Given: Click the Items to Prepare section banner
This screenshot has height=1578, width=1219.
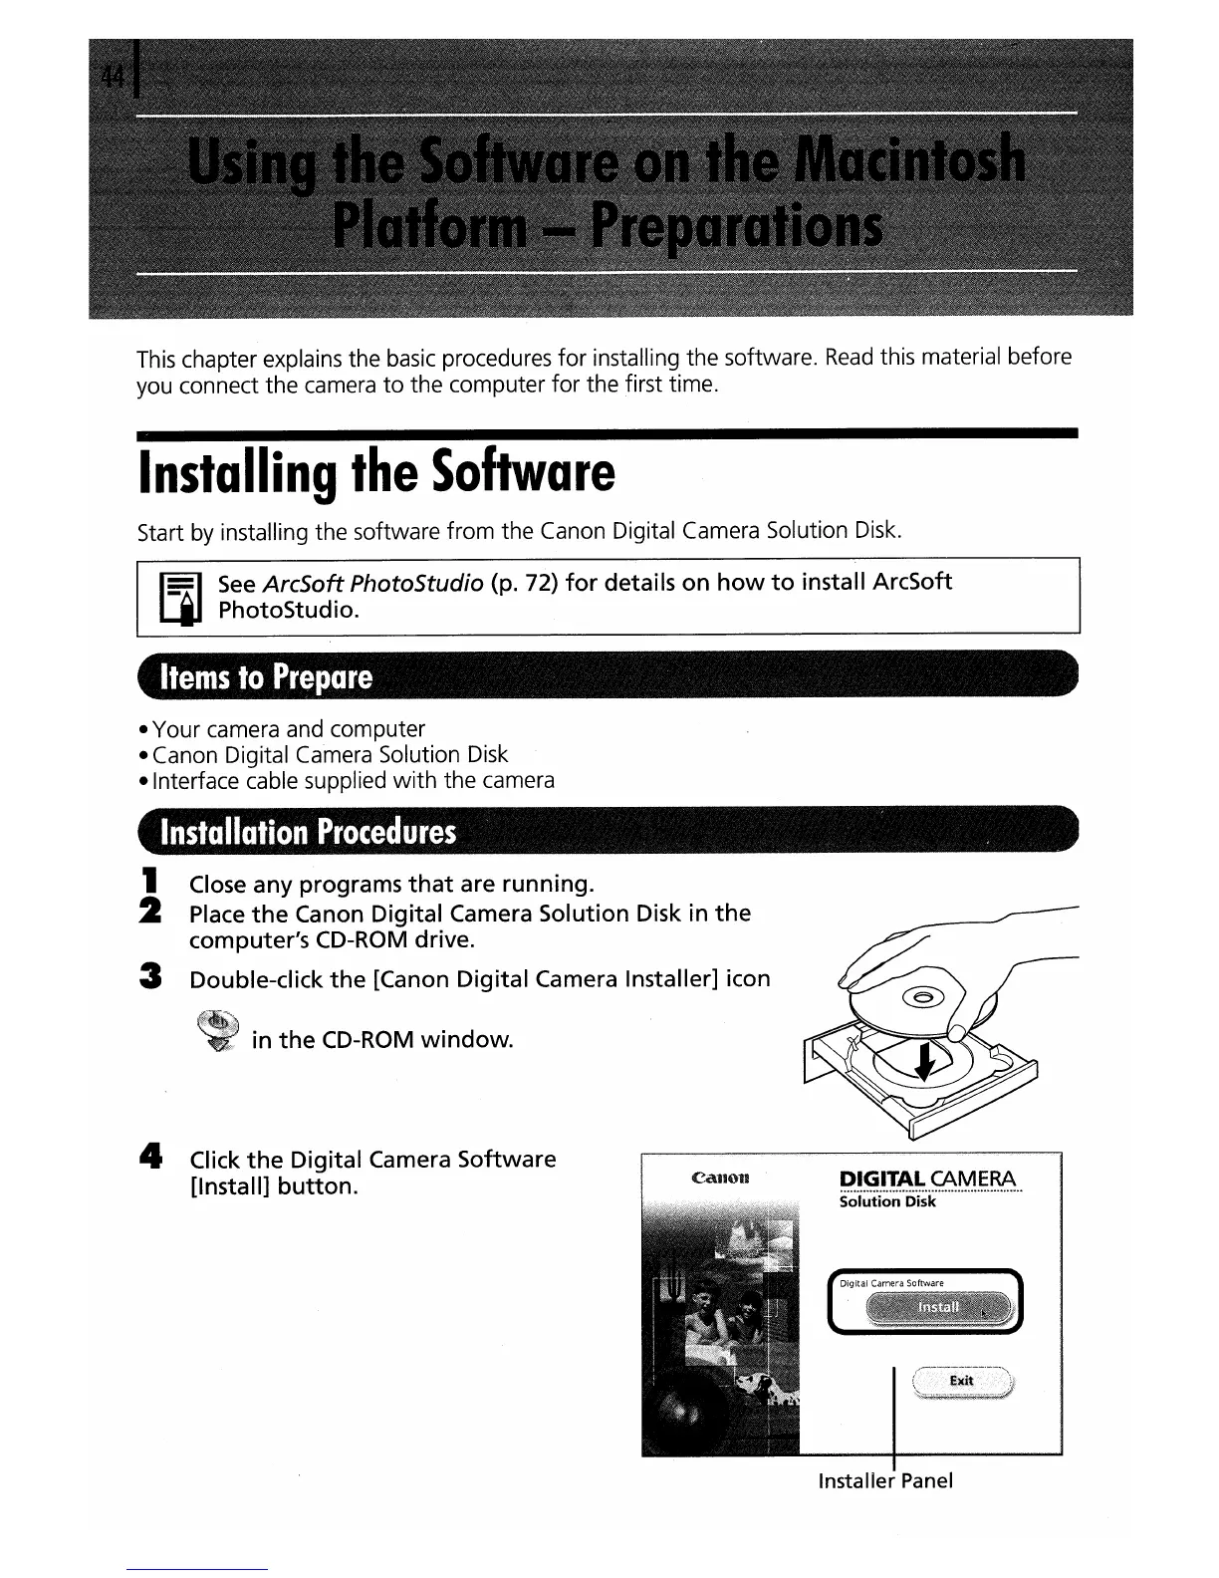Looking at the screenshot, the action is [267, 678].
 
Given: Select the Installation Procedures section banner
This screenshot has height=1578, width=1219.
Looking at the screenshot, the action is [309, 832].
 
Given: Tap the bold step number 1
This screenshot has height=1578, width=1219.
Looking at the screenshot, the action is [150, 882].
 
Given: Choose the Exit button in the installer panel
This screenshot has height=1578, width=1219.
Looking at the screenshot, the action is [961, 1381].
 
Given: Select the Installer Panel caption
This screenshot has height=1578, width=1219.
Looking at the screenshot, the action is [884, 1480].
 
